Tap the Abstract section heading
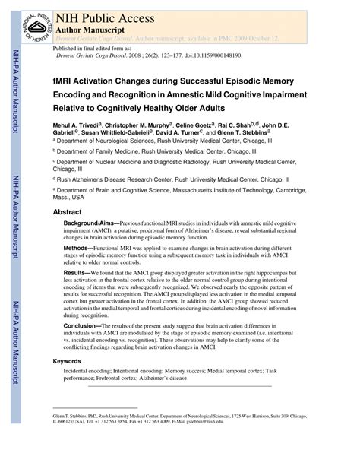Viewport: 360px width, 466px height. click(x=68, y=213)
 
